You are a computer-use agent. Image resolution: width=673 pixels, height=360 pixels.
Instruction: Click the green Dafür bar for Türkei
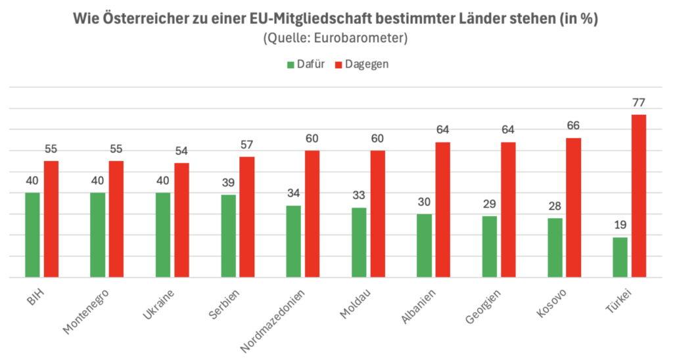pos(620,257)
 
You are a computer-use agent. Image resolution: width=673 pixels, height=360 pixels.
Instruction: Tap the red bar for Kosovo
pos(573,208)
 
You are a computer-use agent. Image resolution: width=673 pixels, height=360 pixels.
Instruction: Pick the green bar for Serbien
pos(228,236)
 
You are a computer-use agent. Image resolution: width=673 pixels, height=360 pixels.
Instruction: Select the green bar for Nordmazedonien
pos(293,241)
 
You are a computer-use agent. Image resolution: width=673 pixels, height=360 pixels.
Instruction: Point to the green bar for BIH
pos(32,235)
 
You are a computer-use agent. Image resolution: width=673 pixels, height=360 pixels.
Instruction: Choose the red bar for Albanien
pos(442,210)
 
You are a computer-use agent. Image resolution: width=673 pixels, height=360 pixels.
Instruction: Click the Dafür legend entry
pos(306,64)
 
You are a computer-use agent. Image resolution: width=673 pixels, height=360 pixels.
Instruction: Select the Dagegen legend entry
pos(362,64)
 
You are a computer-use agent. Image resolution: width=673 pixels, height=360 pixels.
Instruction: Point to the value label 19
pos(620,225)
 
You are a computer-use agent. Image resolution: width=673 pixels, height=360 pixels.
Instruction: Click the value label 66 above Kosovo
pos(573,125)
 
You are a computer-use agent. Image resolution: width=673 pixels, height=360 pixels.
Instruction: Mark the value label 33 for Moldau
pos(358,195)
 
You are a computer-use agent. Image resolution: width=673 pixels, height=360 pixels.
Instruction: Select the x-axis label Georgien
pos(483,307)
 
